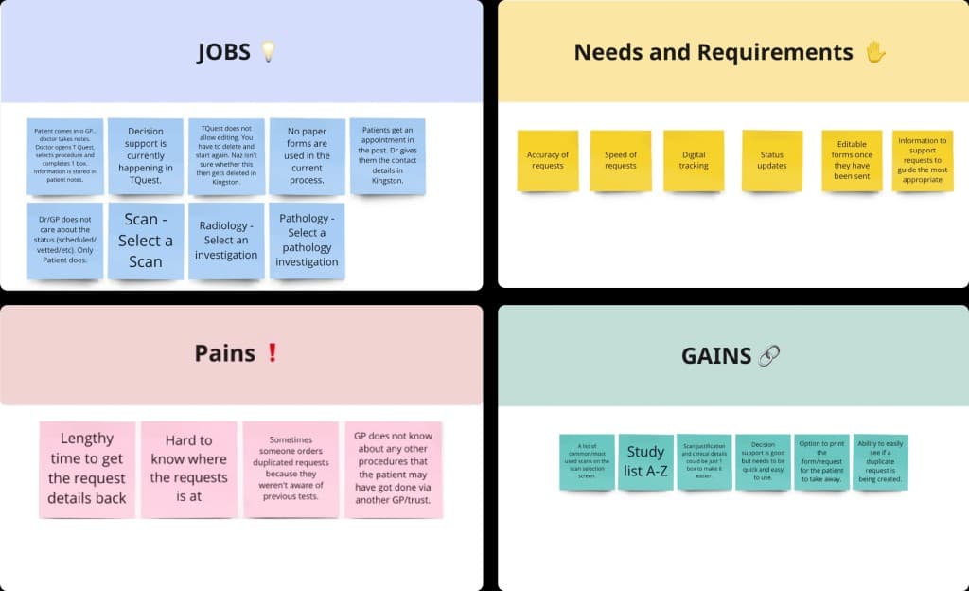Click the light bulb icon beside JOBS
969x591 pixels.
coord(269,51)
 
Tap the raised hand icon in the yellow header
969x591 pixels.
coord(875,51)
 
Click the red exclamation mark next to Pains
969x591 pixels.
coord(273,353)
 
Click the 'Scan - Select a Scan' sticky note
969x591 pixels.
coord(146,241)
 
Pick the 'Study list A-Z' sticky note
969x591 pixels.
coord(645,462)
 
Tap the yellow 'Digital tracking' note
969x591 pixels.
coord(694,160)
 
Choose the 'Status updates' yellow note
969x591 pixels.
coord(772,160)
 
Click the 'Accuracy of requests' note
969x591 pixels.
coord(548,160)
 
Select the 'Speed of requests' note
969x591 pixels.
coord(621,160)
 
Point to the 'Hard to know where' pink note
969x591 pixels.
coord(188,469)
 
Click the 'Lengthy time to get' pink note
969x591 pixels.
coord(87,469)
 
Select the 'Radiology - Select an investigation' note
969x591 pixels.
coord(226,241)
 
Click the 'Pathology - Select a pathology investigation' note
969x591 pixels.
coord(308,241)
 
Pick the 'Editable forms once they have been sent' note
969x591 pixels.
coord(852,160)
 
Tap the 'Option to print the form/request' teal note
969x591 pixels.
coord(821,462)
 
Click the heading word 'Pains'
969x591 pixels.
coord(225,353)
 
